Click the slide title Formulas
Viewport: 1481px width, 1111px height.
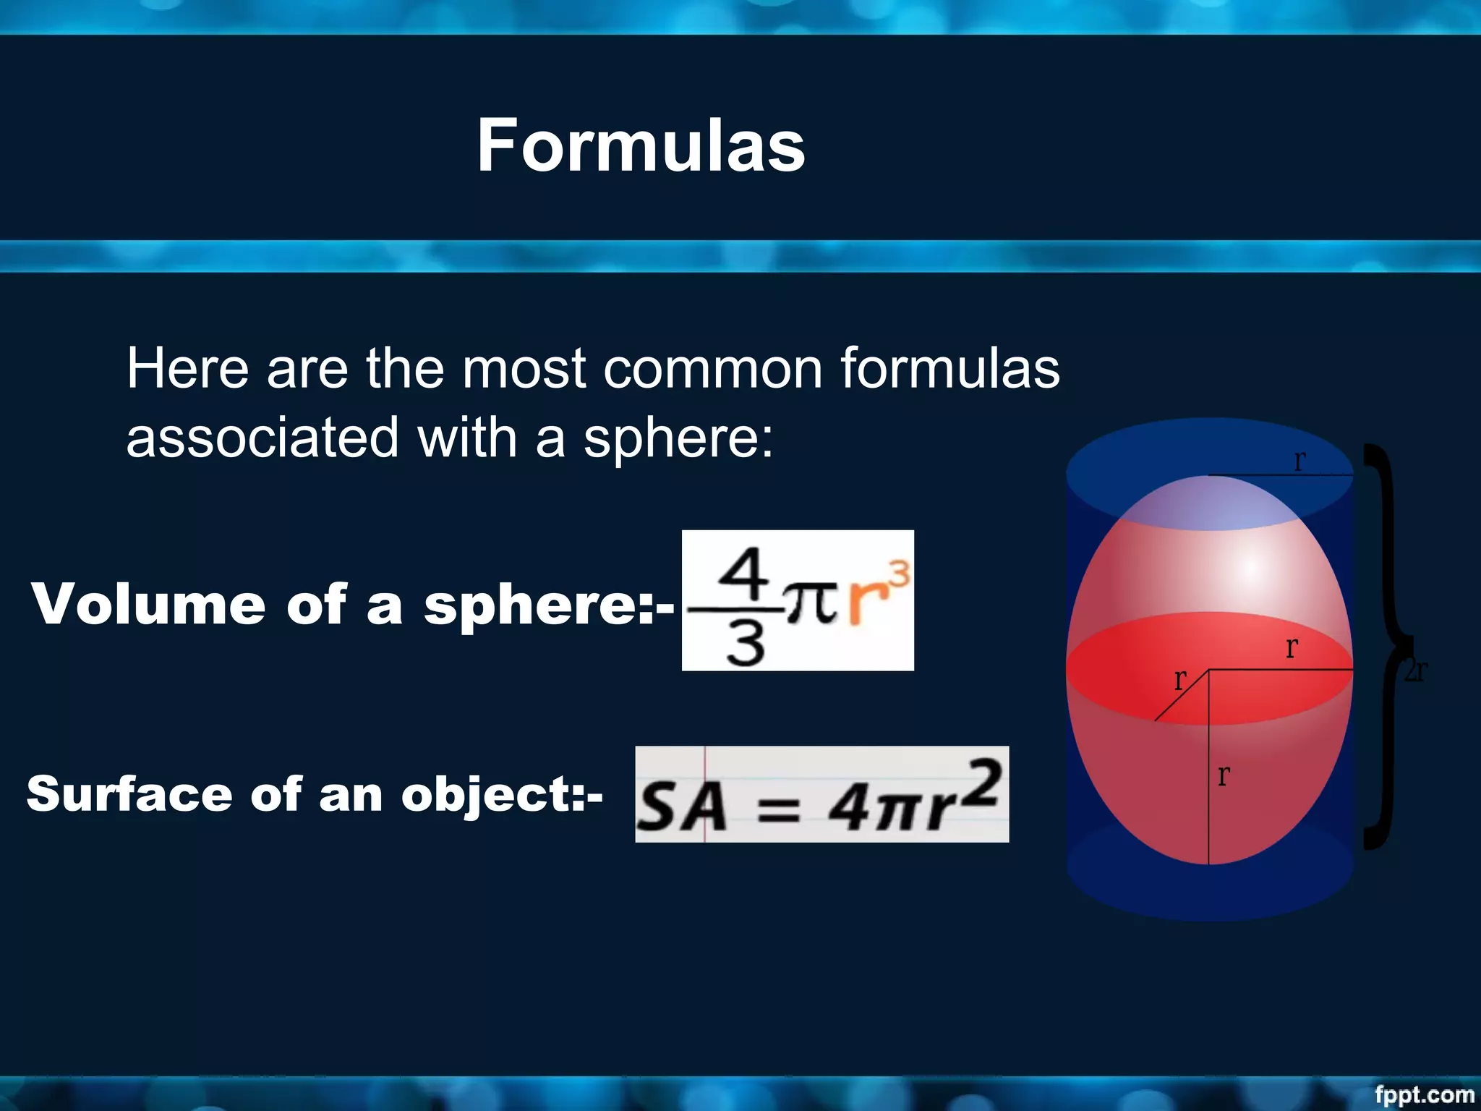(x=641, y=146)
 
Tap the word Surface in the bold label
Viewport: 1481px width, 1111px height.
(x=129, y=794)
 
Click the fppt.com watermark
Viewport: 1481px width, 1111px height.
(x=1424, y=1094)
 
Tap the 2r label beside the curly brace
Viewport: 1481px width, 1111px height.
(x=1416, y=671)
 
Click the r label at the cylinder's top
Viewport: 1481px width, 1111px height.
(x=1299, y=461)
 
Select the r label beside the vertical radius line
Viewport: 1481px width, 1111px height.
(x=1223, y=775)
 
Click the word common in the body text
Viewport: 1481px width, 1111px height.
(x=713, y=369)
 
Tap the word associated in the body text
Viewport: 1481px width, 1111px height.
(x=263, y=438)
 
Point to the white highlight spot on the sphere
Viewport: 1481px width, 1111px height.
(x=1251, y=569)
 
